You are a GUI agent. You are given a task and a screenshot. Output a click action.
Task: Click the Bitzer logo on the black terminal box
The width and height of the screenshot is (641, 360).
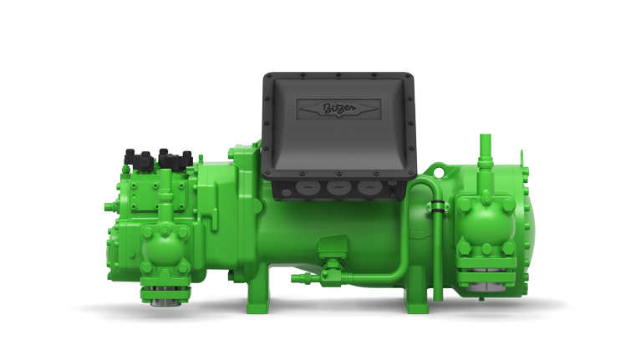click(x=339, y=109)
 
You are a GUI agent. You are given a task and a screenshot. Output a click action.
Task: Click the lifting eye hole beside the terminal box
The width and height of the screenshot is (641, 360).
click(x=438, y=172)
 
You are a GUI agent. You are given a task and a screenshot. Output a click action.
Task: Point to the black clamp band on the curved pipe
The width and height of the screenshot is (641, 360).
click(x=437, y=205)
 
